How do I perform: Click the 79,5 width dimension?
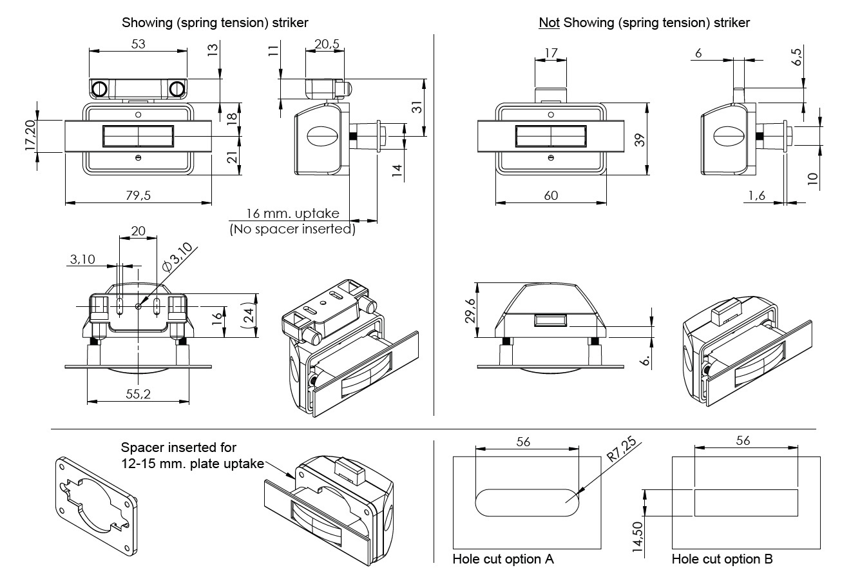click(x=138, y=196)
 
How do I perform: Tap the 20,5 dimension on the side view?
click(x=327, y=44)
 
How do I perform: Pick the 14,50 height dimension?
click(x=637, y=535)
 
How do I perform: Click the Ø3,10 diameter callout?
click(x=178, y=256)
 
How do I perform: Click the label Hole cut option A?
click(x=503, y=559)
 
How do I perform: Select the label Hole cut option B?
click(x=722, y=559)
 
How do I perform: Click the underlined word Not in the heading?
click(x=549, y=23)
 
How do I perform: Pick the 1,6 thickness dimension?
click(x=757, y=195)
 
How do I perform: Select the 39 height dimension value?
click(x=640, y=139)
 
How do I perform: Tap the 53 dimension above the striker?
click(x=138, y=44)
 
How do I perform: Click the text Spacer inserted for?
click(x=179, y=447)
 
